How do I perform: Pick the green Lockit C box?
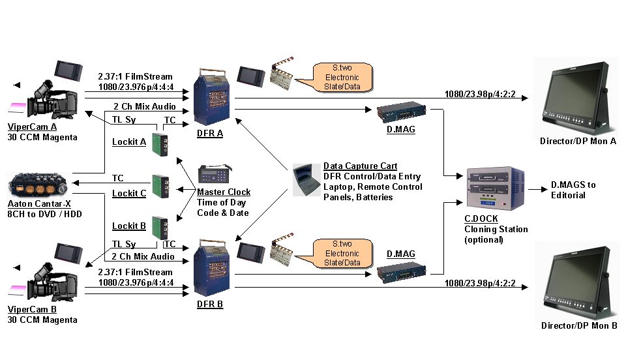pyautogui.click(x=161, y=186)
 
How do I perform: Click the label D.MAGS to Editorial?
pyautogui.click(x=573, y=190)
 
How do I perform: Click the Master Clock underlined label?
pyautogui.click(x=224, y=192)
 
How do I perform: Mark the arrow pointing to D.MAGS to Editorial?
pyautogui.click(x=535, y=189)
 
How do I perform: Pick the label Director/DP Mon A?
pyautogui.click(x=578, y=142)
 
